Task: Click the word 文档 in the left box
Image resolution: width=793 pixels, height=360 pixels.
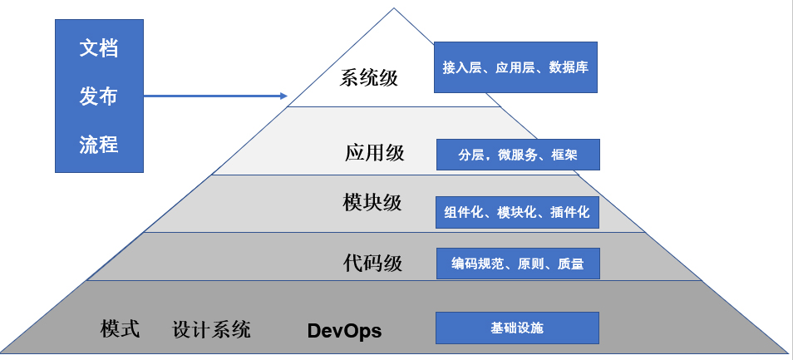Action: point(99,48)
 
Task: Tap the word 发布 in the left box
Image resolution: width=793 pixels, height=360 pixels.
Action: point(99,96)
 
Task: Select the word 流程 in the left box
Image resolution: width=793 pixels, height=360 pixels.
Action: point(99,145)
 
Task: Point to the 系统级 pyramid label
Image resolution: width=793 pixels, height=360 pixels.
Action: point(369,79)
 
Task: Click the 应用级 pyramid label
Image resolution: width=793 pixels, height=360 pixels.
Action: point(374,153)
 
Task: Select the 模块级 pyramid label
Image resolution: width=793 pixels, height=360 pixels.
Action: point(372,203)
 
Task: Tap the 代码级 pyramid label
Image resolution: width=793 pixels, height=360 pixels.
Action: point(373,264)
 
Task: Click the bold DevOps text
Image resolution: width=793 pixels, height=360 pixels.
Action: point(344,331)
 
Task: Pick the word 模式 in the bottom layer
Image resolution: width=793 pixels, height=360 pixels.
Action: point(121,329)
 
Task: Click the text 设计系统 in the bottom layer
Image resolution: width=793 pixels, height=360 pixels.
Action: point(211,329)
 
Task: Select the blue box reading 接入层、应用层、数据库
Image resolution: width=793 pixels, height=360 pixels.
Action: point(516,67)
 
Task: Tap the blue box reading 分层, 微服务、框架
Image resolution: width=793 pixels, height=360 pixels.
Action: point(518,155)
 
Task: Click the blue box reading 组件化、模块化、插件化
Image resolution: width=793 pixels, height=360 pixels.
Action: point(517,213)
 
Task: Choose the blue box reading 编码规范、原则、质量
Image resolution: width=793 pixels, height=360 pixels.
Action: point(517,264)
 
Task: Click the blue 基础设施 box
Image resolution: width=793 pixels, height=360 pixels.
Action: point(517,328)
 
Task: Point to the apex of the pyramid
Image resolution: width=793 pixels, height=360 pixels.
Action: point(394,10)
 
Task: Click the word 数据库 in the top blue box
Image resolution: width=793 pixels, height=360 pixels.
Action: point(569,67)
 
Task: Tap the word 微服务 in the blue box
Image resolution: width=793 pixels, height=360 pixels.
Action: point(518,155)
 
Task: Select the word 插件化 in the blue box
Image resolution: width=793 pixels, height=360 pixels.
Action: point(569,213)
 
